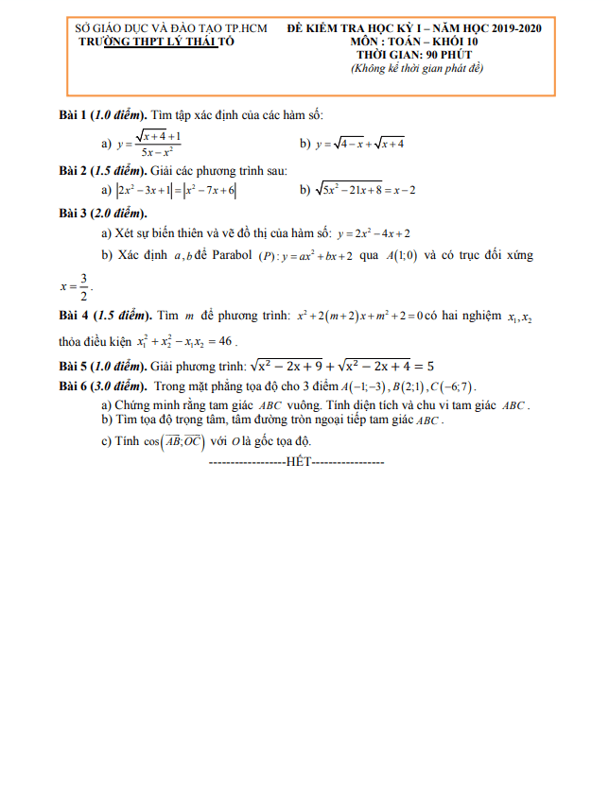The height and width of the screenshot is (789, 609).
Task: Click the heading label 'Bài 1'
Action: [72, 115]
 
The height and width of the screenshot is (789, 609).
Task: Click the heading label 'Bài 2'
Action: [72, 171]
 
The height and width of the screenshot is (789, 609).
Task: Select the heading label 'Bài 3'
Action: [72, 212]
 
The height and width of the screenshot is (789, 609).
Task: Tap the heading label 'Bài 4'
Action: [72, 314]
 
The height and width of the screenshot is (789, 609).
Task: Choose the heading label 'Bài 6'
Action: [72, 386]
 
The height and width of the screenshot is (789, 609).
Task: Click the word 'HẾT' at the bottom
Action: [296, 464]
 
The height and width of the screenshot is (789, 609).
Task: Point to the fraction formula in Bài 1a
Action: [149, 144]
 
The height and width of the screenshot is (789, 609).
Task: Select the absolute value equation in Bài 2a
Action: [176, 190]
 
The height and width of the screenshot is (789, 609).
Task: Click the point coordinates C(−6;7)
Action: [455, 386]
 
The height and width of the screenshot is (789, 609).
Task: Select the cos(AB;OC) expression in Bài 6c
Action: [169, 442]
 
